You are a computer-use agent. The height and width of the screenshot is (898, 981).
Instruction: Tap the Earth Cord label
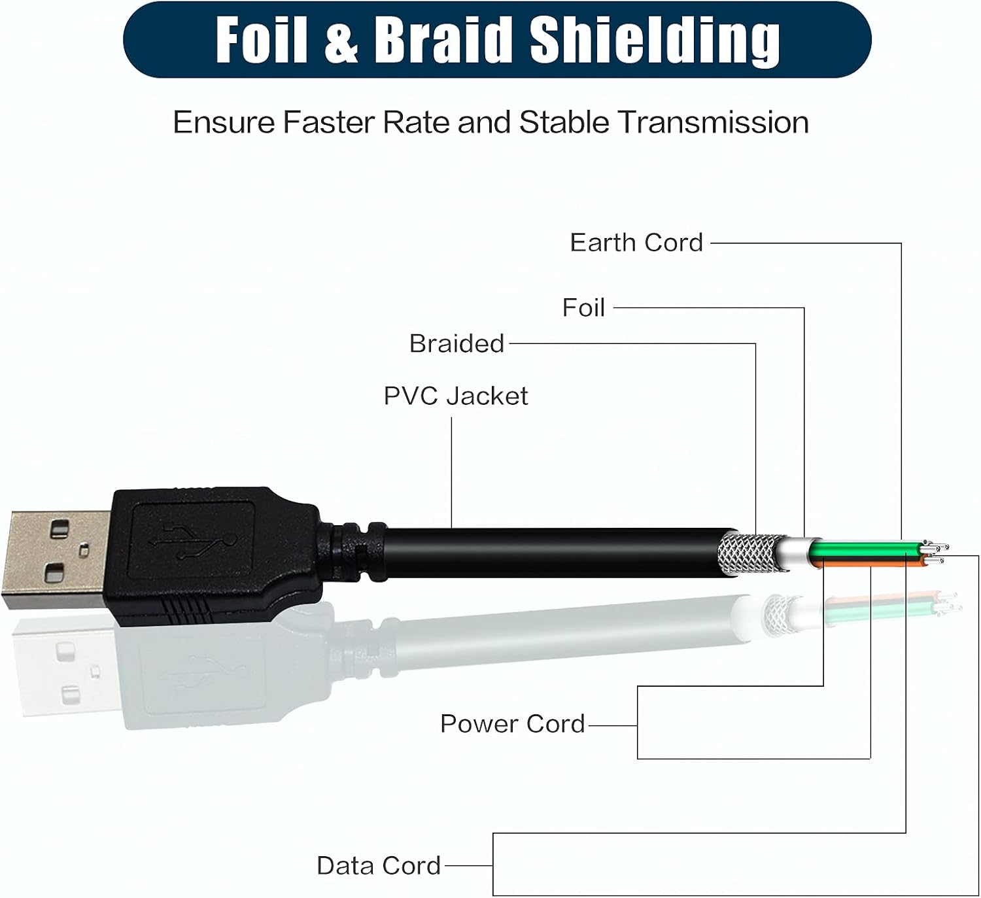pos(636,243)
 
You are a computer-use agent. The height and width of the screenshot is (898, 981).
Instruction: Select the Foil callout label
pos(583,307)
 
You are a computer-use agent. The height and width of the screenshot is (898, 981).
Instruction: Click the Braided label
pos(456,343)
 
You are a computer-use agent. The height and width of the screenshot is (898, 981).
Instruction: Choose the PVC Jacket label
pos(456,396)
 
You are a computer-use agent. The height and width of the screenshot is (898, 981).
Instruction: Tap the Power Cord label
pos(513,724)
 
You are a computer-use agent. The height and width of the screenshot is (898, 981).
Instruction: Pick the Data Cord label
pos(379,865)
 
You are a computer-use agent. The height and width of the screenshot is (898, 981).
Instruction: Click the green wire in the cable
pos(866,549)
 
